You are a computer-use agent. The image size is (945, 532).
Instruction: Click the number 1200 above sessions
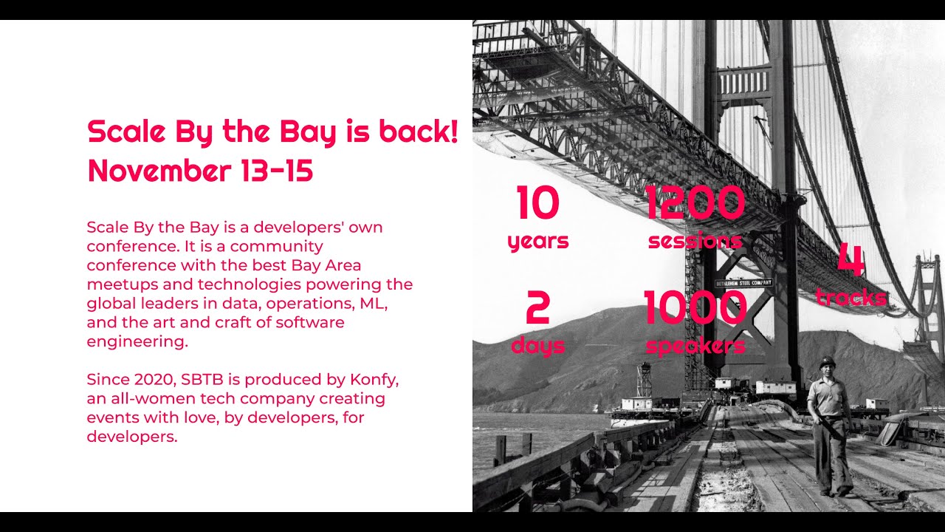695,203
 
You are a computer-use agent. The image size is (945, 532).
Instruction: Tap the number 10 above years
538,203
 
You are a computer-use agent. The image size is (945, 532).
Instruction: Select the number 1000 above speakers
695,308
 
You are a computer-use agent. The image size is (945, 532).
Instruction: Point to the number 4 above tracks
850,260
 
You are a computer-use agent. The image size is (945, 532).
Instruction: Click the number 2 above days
537,308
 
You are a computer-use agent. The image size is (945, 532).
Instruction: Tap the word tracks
850,297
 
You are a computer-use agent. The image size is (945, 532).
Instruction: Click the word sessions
695,241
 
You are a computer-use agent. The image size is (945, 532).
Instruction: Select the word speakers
695,346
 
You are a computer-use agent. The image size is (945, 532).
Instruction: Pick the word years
538,241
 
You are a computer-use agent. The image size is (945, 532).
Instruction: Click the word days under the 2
537,346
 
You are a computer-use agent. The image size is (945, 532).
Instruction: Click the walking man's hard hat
827,361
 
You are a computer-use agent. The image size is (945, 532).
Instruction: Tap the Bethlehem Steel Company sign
743,283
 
